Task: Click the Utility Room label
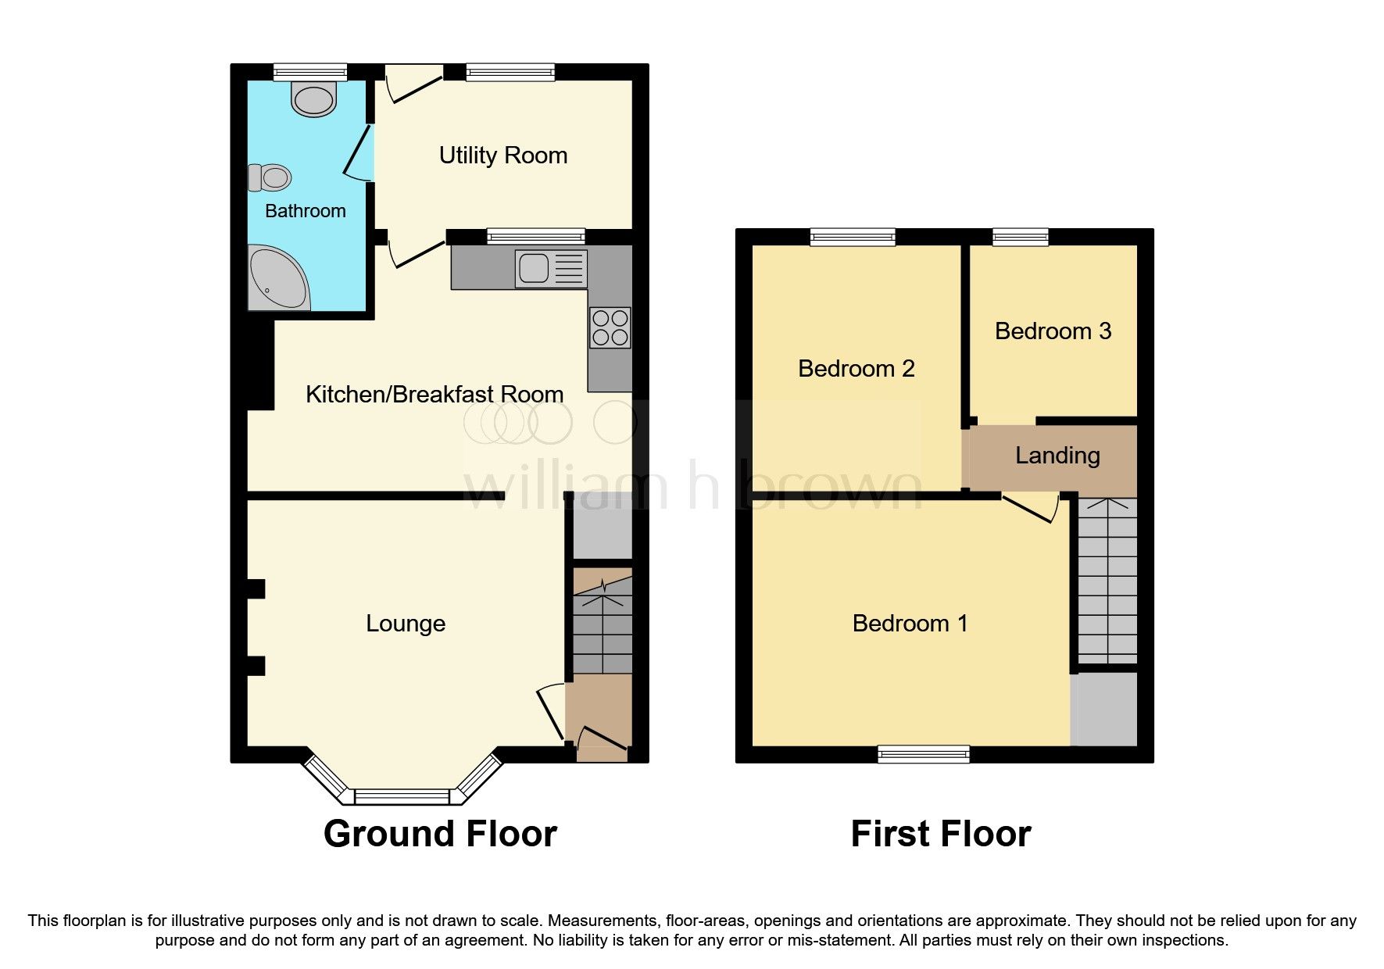point(502,156)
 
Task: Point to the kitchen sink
point(534,268)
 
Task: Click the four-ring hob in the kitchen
point(610,327)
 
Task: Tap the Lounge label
point(406,624)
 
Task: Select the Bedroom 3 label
point(1053,331)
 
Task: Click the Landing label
point(1057,456)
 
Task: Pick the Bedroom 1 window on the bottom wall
point(923,754)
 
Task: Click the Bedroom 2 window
point(853,236)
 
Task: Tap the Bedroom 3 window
point(1020,236)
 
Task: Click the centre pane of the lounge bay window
point(402,796)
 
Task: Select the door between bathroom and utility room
point(359,152)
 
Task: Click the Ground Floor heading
point(440,834)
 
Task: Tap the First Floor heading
point(940,834)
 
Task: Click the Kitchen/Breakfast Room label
point(435,395)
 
